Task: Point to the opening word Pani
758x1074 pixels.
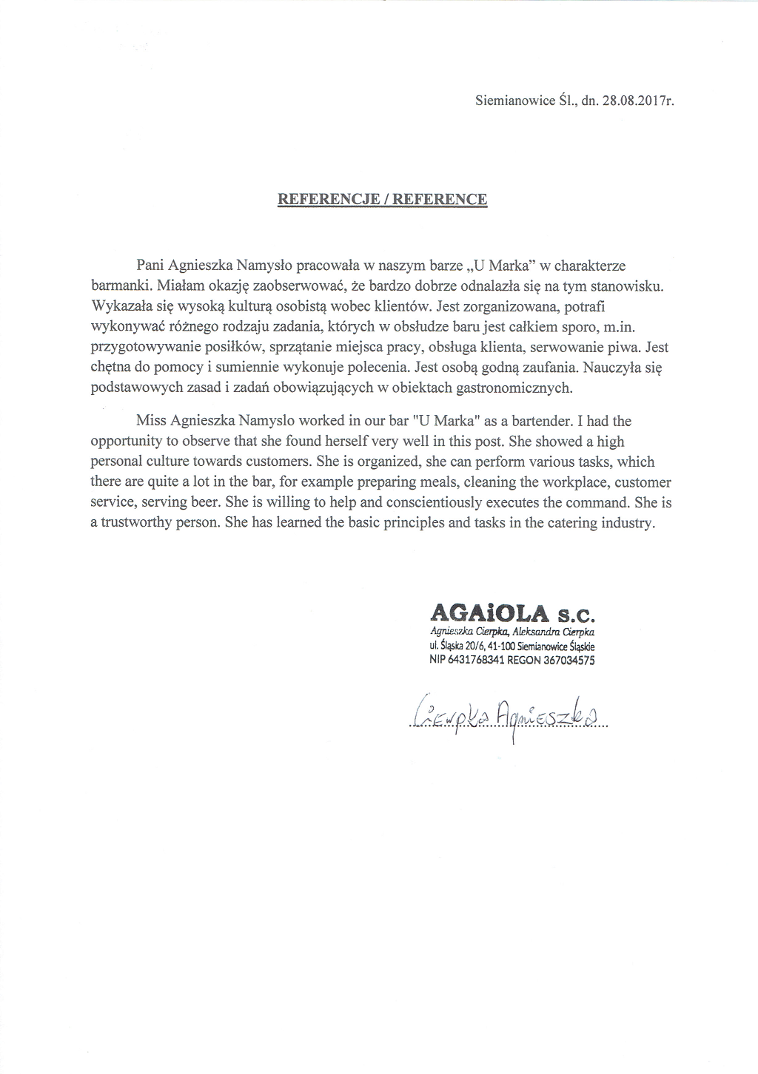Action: point(151,265)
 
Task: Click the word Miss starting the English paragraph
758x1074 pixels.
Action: point(151,422)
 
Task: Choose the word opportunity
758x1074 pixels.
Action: point(129,442)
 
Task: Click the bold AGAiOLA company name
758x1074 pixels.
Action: point(489,613)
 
